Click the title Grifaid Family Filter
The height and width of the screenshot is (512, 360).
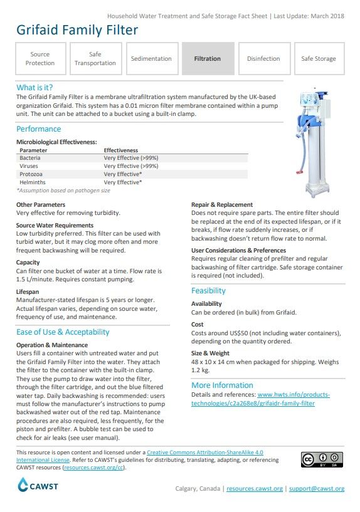pos(77,29)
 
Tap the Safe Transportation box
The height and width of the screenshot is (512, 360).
pos(95,58)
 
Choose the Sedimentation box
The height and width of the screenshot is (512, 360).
pos(151,58)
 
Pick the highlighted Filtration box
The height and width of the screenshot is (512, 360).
pos(207,58)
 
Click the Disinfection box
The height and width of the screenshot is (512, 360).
pos(263,58)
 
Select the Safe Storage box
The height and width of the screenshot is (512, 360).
pos(319,58)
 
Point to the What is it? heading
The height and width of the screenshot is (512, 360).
pos(34,88)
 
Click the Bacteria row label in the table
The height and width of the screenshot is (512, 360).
pos(30,159)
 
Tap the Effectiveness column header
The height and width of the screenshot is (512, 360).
pos(120,150)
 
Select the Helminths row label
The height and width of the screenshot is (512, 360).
pos(32,182)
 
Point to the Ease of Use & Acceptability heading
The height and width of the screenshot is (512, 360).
pos(63,332)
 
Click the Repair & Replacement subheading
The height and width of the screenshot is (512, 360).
pos(221,205)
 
